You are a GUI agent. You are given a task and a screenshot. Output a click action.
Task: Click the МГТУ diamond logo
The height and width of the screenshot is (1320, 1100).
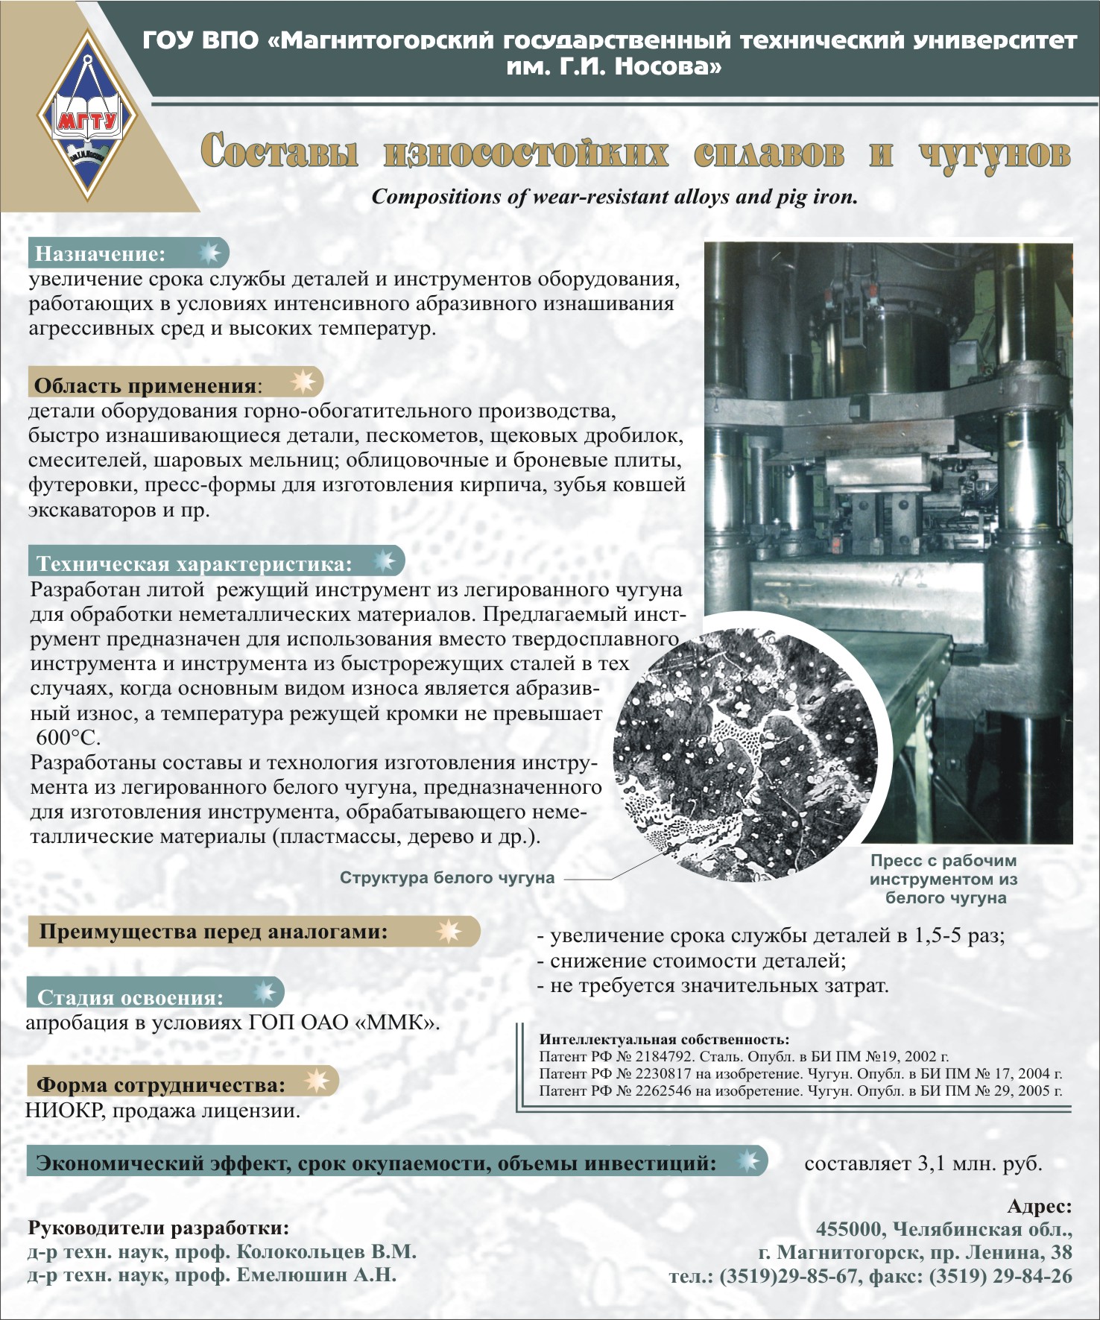(x=88, y=116)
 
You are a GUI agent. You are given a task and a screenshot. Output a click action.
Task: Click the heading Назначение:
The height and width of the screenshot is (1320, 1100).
(x=100, y=254)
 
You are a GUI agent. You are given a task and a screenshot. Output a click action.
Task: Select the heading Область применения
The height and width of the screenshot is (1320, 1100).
(x=145, y=385)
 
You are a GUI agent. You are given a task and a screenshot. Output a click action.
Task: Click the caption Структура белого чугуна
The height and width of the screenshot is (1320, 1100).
(x=447, y=877)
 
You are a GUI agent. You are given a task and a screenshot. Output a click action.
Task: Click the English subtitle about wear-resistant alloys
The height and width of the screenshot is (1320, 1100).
(x=615, y=197)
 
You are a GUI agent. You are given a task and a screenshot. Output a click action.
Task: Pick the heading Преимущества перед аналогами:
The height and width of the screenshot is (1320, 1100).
(x=213, y=932)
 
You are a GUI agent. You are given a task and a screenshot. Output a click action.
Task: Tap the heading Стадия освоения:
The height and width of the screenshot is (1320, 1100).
(x=130, y=997)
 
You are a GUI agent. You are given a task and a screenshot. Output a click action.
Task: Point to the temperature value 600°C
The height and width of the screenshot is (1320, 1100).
(x=68, y=738)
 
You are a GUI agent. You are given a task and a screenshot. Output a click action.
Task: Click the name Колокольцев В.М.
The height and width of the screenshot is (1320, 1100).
(x=326, y=1251)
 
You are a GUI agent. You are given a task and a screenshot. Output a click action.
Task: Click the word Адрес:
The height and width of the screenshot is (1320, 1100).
(x=1039, y=1206)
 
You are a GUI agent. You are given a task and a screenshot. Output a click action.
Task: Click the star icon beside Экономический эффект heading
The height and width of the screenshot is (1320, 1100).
(x=747, y=1160)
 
